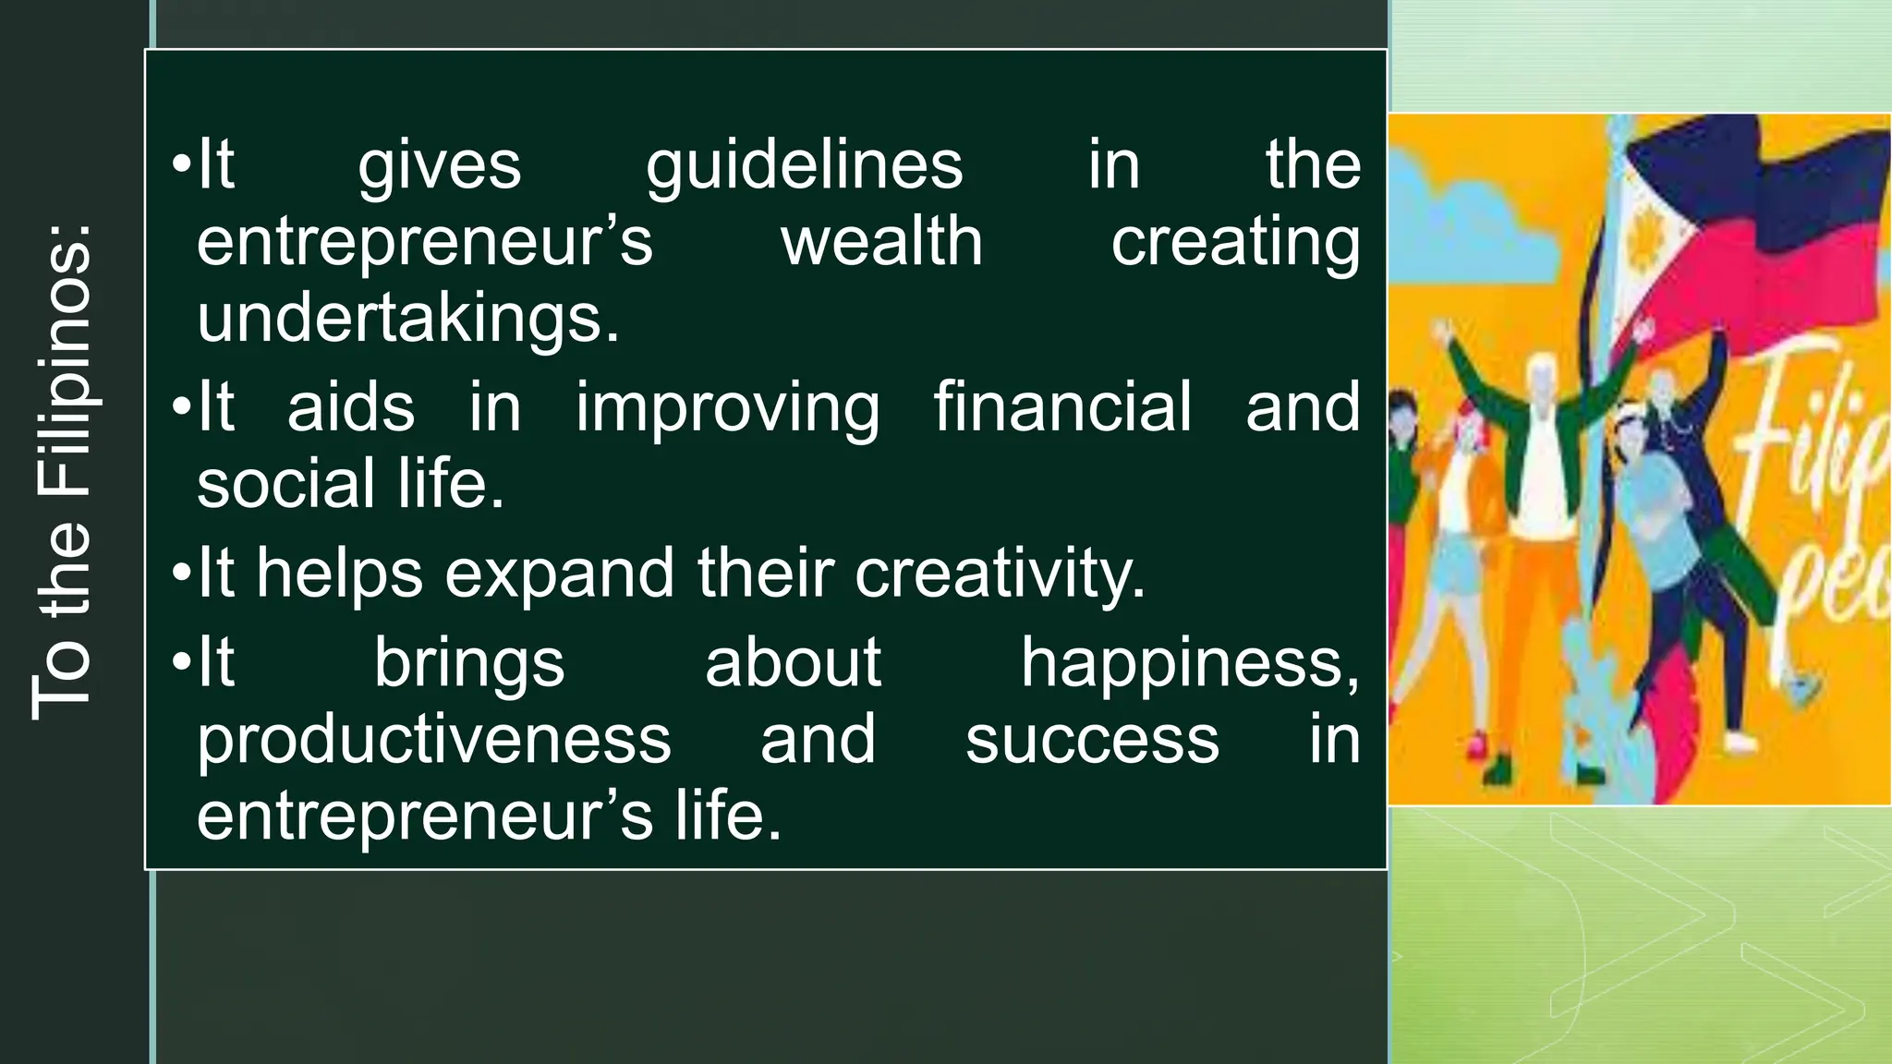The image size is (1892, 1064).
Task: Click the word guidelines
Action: pyautogui.click(x=804, y=166)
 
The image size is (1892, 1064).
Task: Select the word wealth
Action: pyautogui.click(x=882, y=242)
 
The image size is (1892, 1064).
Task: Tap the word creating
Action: pyautogui.click(x=1235, y=244)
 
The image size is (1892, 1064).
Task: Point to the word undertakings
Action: pyautogui.click(x=407, y=318)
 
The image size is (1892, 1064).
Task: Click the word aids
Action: pyautogui.click(x=351, y=407)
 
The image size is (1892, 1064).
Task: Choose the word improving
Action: pyautogui.click(x=727, y=409)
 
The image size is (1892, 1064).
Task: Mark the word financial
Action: pyautogui.click(x=1062, y=407)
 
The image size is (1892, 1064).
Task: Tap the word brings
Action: pyautogui.click(x=469, y=664)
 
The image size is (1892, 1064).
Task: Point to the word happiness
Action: pyautogui.click(x=1190, y=664)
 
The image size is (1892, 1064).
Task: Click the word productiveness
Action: pyautogui.click(x=433, y=741)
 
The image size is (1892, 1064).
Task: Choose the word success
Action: pyautogui.click(x=1092, y=741)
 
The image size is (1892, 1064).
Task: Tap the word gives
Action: pyautogui.click(x=440, y=166)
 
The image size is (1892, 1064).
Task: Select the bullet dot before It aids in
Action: pyautogui.click(x=180, y=407)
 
